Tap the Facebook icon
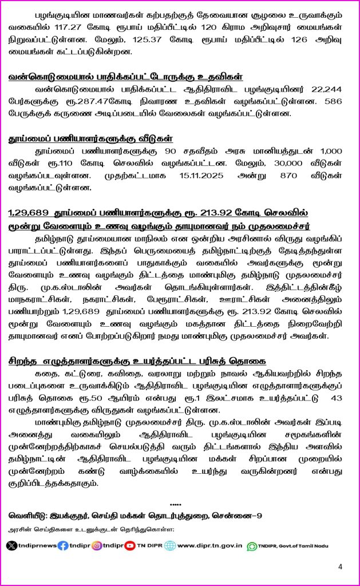64,545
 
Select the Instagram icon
97,545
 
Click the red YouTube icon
130,545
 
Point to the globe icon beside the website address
170,545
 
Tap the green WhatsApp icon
252,546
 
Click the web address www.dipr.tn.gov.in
209,545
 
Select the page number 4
340,567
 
